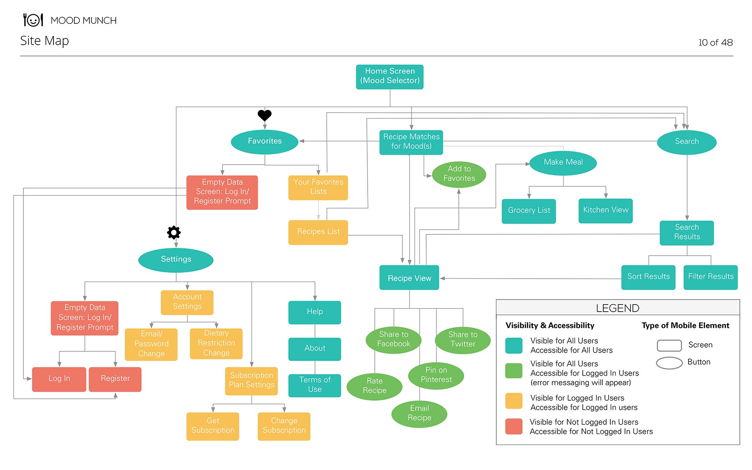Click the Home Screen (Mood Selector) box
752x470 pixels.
point(389,76)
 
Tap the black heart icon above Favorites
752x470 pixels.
point(264,115)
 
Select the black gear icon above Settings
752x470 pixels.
point(174,232)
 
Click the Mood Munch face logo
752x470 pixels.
point(33,20)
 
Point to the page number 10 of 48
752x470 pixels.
point(715,42)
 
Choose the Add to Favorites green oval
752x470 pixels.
point(459,174)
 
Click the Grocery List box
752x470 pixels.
point(528,211)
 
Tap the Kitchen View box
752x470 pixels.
point(605,210)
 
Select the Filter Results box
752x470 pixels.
point(710,277)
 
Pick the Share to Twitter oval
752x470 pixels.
point(462,339)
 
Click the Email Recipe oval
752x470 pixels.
point(419,413)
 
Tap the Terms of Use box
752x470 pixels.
point(315,385)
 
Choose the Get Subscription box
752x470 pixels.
point(213,426)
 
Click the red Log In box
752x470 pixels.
point(59,379)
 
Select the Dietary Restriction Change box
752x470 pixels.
point(216,343)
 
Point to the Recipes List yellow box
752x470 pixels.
point(318,231)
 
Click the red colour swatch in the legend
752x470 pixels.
point(513,427)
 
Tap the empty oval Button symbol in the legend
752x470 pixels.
point(669,363)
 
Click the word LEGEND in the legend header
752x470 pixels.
point(617,308)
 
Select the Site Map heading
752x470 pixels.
point(44,41)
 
